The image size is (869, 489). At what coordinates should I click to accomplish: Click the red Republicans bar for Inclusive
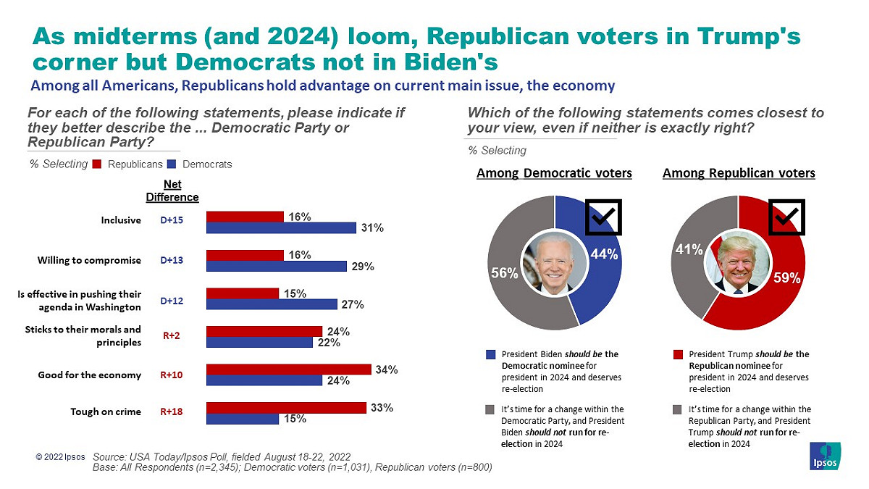click(x=245, y=217)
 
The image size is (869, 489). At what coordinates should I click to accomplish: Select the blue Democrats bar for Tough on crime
click(x=243, y=419)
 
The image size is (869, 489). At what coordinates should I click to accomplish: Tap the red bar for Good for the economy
click(x=289, y=369)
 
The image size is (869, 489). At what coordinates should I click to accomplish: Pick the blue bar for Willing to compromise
click(x=276, y=267)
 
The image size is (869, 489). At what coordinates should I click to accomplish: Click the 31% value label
click(x=372, y=227)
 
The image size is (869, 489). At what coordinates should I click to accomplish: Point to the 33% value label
click(x=382, y=407)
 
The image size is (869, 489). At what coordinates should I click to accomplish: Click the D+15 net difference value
click(x=172, y=220)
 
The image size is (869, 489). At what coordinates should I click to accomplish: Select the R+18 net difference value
click(x=172, y=411)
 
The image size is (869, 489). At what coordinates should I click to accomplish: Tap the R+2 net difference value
click(x=172, y=335)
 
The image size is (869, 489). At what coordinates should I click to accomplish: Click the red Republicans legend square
click(x=97, y=164)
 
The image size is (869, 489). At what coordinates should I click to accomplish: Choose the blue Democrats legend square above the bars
click(x=172, y=164)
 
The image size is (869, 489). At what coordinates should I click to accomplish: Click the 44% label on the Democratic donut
click(x=604, y=254)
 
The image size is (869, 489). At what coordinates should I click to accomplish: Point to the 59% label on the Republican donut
click(x=786, y=278)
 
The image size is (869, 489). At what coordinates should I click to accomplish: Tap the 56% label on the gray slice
click(x=504, y=273)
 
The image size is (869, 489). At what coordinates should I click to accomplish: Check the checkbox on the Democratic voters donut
click(x=603, y=217)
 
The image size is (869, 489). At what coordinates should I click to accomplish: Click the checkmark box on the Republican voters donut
click(x=786, y=217)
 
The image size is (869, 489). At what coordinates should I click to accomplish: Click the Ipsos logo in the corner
click(x=826, y=456)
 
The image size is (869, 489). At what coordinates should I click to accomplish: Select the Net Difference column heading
click(x=172, y=191)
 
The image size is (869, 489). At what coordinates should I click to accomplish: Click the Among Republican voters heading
click(x=739, y=173)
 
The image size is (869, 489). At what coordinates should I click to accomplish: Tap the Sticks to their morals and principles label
click(x=83, y=335)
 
